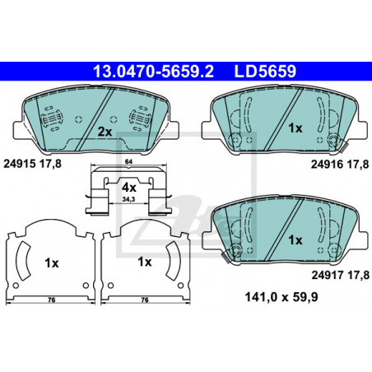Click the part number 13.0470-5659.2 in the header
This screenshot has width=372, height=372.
click(x=153, y=72)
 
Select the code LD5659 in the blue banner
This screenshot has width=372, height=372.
click(x=265, y=72)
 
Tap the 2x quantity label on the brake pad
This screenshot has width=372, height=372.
click(x=105, y=133)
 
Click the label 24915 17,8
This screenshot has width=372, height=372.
click(x=32, y=164)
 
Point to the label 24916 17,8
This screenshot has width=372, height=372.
click(x=340, y=165)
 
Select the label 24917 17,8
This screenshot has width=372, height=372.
click(x=340, y=275)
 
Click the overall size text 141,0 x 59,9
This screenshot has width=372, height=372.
click(x=281, y=297)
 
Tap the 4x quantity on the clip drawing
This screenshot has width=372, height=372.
click(x=129, y=188)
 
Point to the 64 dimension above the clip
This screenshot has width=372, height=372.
click(x=128, y=162)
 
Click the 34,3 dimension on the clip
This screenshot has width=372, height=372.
click(x=128, y=199)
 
